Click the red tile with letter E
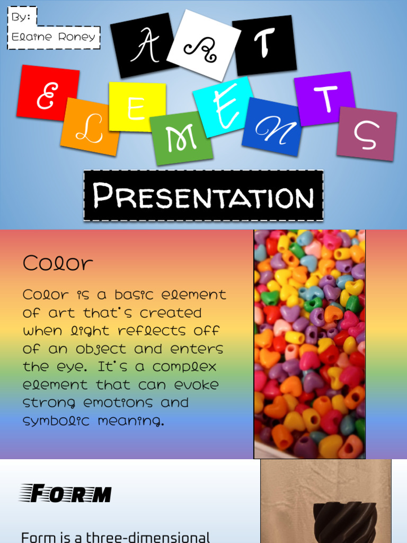pyautogui.click(x=48, y=93)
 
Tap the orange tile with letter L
pyautogui.click(x=90, y=127)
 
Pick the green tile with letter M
pyautogui.click(x=181, y=138)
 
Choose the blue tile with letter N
pyautogui.click(x=272, y=127)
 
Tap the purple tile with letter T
pyautogui.click(x=324, y=99)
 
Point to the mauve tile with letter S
pyautogui.click(x=367, y=134)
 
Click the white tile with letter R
pyautogui.click(x=203, y=46)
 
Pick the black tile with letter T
pyautogui.click(x=264, y=45)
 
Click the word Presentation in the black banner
pyautogui.click(x=203, y=196)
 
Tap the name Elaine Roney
pyautogui.click(x=54, y=37)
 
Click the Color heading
pyautogui.click(x=58, y=263)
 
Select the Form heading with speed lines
pyautogui.click(x=66, y=494)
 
